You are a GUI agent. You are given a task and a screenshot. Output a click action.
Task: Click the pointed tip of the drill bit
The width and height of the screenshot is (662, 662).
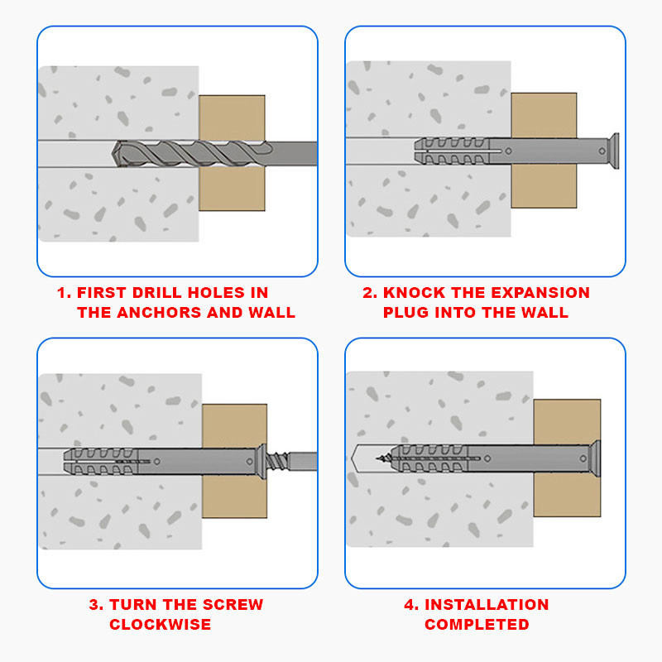tap(113, 153)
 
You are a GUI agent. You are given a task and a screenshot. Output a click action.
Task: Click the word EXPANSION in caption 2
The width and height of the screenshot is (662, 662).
tap(540, 293)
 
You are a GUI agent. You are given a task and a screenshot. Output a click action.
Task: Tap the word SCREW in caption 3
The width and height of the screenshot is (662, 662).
tap(233, 605)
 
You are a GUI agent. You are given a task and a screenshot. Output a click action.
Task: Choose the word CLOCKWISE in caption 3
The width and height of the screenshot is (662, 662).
tap(160, 625)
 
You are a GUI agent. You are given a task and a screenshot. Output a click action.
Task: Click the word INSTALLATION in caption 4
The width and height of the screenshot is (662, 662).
tap(487, 605)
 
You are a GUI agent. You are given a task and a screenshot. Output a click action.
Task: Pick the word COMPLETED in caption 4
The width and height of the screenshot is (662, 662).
tap(477, 625)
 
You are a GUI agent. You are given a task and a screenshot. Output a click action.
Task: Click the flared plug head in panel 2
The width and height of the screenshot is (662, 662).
tap(613, 151)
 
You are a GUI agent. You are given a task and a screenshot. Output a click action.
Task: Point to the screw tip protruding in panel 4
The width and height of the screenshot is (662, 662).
tap(383, 458)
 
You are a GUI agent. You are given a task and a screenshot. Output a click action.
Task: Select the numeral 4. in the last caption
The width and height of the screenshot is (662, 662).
tap(411, 605)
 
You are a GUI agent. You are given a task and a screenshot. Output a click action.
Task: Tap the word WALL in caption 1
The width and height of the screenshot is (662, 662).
tap(272, 313)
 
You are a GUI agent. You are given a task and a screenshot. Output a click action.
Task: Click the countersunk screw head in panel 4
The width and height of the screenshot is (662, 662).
tap(596, 458)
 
